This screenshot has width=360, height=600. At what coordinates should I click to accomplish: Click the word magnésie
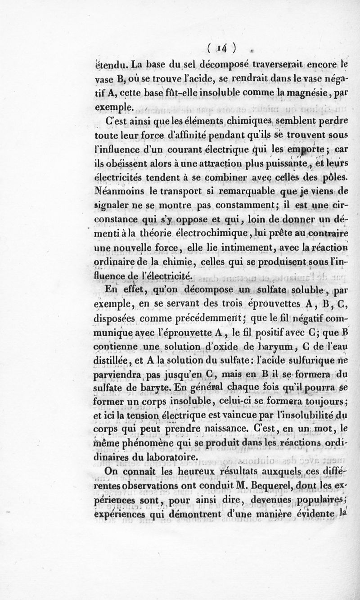point(316,95)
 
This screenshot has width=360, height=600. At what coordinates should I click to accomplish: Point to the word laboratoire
point(166,457)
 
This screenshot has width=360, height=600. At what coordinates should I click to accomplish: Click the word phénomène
point(158,443)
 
